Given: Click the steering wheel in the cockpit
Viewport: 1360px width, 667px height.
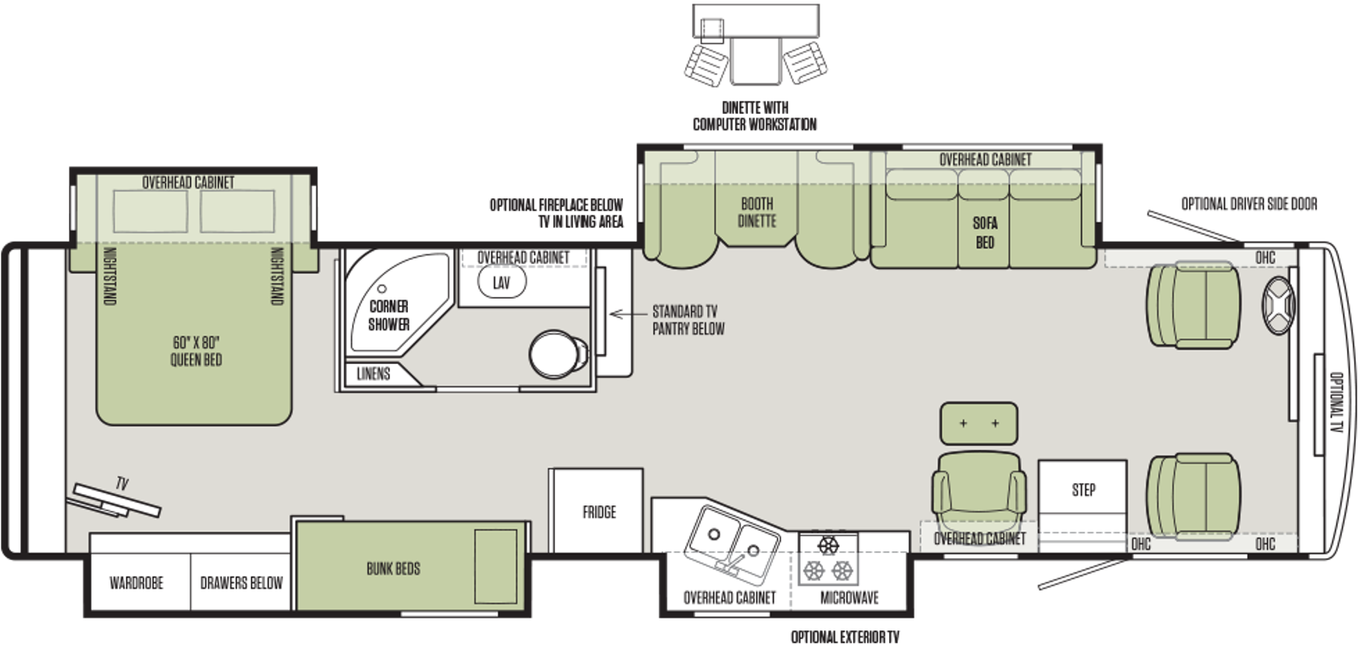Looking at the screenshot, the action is [x=1278, y=305].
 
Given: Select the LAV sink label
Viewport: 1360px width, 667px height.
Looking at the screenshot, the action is [x=501, y=282].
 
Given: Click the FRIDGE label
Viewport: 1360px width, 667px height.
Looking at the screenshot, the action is [x=599, y=512].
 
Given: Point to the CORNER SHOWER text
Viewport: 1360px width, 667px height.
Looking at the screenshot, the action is [x=388, y=316].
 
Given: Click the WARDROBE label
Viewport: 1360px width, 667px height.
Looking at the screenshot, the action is [x=137, y=583].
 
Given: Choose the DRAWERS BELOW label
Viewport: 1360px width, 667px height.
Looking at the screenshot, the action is [x=241, y=583].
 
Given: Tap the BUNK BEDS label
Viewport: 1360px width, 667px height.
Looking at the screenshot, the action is [x=394, y=568].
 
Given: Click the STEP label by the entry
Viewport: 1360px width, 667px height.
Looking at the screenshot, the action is [x=1084, y=490].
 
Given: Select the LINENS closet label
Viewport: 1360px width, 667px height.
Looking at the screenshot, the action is [x=373, y=373].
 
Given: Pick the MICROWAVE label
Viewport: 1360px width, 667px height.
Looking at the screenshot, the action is [x=849, y=598].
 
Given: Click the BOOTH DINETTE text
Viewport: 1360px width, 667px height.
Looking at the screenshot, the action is [x=757, y=212].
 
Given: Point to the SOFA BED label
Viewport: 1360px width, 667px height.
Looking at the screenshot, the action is [x=985, y=232].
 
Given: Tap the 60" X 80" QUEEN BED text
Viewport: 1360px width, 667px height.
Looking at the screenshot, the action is [x=196, y=351].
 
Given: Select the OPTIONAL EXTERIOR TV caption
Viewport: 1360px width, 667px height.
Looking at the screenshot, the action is [x=845, y=637].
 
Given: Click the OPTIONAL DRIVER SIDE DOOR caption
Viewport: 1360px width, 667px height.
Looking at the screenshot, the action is [x=1249, y=204].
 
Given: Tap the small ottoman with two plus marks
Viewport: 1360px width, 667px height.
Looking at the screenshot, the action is [x=978, y=423].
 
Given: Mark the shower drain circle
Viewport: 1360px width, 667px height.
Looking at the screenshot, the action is [x=382, y=288].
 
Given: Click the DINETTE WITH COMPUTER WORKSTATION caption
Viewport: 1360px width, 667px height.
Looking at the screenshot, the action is [x=755, y=116].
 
